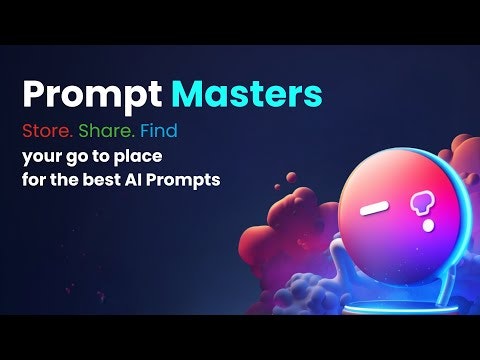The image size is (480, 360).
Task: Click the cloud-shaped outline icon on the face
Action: click(x=419, y=206)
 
